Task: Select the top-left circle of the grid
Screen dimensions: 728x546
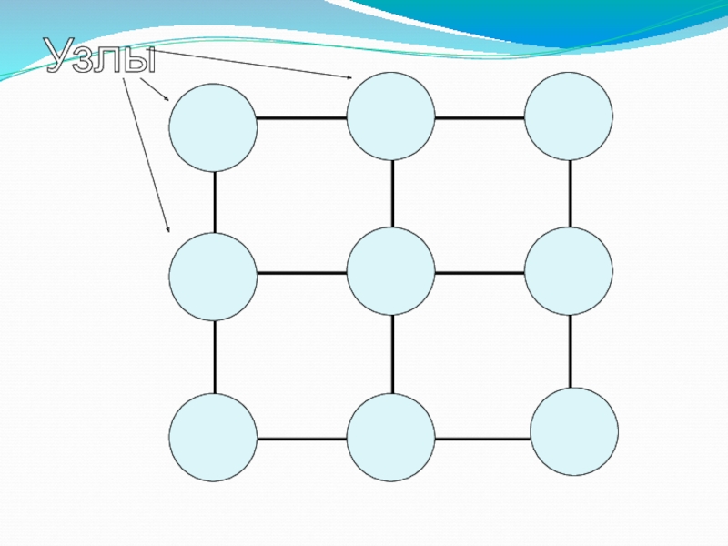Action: tap(212, 127)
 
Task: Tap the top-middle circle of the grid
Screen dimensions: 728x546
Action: tap(390, 116)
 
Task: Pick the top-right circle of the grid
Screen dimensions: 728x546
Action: tap(569, 116)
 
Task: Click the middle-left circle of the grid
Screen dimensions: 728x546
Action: tap(212, 277)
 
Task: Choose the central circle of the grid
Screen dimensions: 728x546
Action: tap(390, 271)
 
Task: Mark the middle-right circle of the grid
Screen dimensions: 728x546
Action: tap(569, 271)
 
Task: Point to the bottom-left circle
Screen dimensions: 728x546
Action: tap(212, 438)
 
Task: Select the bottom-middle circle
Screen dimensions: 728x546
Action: tap(390, 438)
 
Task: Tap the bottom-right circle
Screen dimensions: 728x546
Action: tap(574, 431)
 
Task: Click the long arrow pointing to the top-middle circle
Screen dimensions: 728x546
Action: tap(255, 65)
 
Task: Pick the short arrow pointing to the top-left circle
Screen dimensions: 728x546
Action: tap(155, 89)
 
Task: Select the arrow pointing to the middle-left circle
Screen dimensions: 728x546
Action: tap(146, 155)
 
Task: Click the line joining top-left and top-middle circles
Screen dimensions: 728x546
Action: tap(301, 118)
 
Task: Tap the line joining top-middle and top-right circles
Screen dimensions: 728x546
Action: tap(480, 118)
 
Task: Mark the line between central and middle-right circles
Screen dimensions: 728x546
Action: tap(480, 272)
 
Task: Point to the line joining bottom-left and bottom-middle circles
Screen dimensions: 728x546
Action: tap(301, 439)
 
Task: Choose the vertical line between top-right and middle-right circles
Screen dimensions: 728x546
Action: tap(571, 194)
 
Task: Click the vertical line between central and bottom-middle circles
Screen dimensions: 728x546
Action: tap(392, 355)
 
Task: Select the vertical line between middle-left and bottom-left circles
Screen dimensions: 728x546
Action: tap(215, 358)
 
